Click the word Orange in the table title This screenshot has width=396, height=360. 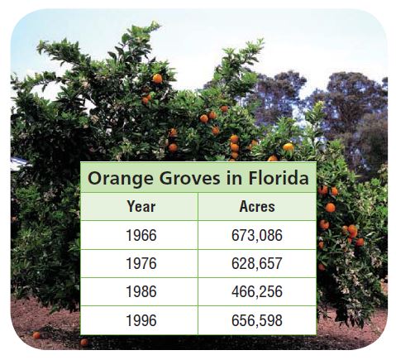[120, 179]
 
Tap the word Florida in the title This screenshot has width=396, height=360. [279, 178]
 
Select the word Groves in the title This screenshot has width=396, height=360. [190, 178]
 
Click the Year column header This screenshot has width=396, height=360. [141, 206]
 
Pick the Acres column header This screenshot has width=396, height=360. [257, 206]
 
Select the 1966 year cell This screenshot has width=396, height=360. [141, 235]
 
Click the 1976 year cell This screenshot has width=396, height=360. [141, 263]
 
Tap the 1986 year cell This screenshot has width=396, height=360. [141, 291]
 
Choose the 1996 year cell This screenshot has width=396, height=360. [141, 320]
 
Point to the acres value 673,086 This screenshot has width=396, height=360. [257, 236]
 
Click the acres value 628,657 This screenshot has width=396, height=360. [257, 264]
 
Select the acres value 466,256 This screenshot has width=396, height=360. [257, 292]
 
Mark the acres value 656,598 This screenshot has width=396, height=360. [257, 320]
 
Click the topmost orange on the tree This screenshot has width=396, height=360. [157, 79]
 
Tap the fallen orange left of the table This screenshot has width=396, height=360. [36, 335]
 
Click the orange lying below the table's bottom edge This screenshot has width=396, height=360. [84, 343]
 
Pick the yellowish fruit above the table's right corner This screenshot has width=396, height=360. [289, 147]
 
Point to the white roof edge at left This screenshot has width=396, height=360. [19, 164]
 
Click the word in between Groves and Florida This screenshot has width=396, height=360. [235, 178]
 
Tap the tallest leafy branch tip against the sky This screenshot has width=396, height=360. [155, 25]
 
